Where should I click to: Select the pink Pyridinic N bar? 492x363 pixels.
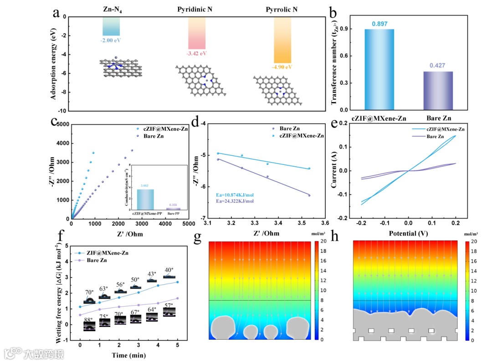click(x=197, y=33)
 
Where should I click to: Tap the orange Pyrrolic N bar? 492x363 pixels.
click(x=282, y=40)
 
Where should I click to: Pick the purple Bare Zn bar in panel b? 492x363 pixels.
click(x=438, y=91)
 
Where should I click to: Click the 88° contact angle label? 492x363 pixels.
click(x=89, y=320)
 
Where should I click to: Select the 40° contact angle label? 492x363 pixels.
click(x=169, y=270)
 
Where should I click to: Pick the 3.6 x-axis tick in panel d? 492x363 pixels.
click(x=325, y=224)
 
